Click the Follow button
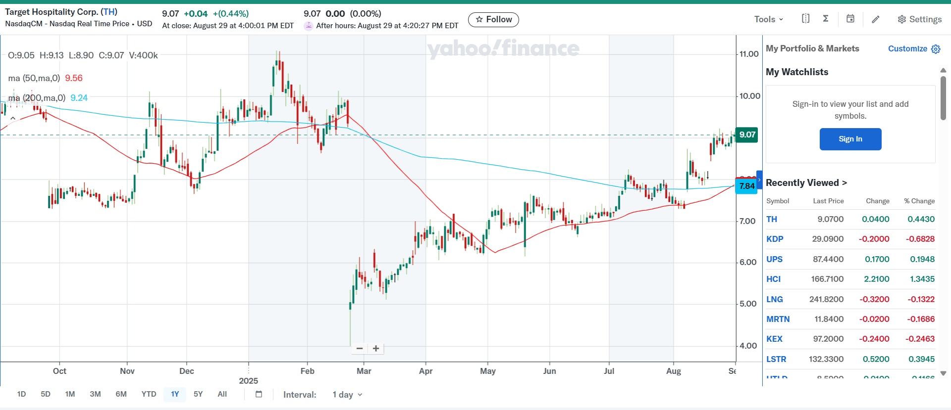[493, 19]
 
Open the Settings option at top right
[919, 19]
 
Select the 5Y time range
[198, 394]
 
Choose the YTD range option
[149, 394]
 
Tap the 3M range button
[95, 394]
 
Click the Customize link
[907, 48]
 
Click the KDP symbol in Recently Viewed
[775, 239]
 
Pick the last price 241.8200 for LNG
[826, 299]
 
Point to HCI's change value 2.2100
[876, 279]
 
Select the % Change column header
[919, 201]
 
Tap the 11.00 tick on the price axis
[749, 54]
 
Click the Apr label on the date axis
[425, 371]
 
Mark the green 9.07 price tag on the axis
[747, 135]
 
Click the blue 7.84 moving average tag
[746, 186]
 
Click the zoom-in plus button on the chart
[376, 349]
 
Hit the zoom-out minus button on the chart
[360, 349]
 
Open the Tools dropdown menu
[768, 19]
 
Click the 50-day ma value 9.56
[74, 78]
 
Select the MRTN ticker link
[778, 319]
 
